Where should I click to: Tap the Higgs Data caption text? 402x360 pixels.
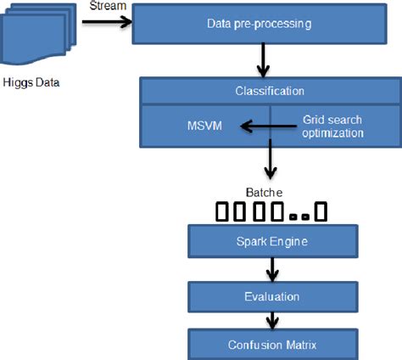(x=31, y=82)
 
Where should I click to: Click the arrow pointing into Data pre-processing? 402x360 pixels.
(x=111, y=23)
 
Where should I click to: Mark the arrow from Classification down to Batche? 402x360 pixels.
(x=269, y=157)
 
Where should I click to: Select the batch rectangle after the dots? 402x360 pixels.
(x=320, y=211)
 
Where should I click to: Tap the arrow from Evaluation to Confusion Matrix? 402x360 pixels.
(x=271, y=321)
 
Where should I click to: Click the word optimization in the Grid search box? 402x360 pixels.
(x=333, y=133)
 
